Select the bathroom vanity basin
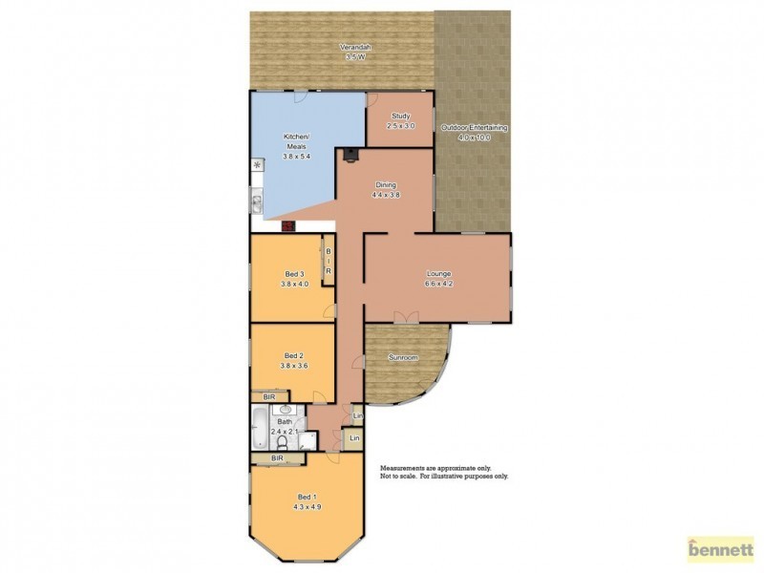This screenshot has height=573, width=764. point(285,410)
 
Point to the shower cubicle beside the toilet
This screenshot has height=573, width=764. point(307,440)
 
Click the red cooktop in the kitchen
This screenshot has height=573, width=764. point(288,226)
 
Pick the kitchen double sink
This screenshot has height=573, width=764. point(257,202)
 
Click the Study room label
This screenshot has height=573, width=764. point(400,116)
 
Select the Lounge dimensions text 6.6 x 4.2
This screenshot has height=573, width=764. point(438,283)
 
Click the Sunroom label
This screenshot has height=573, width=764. point(403,357)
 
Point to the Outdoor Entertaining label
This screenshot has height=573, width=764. point(474,127)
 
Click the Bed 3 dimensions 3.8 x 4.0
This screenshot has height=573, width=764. point(295,283)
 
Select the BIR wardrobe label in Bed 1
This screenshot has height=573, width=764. point(277,459)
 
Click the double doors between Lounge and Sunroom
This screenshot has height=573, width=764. point(406,318)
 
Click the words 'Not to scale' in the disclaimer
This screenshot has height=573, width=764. point(400,476)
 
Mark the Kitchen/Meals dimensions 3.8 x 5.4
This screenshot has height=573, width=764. point(296,156)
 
